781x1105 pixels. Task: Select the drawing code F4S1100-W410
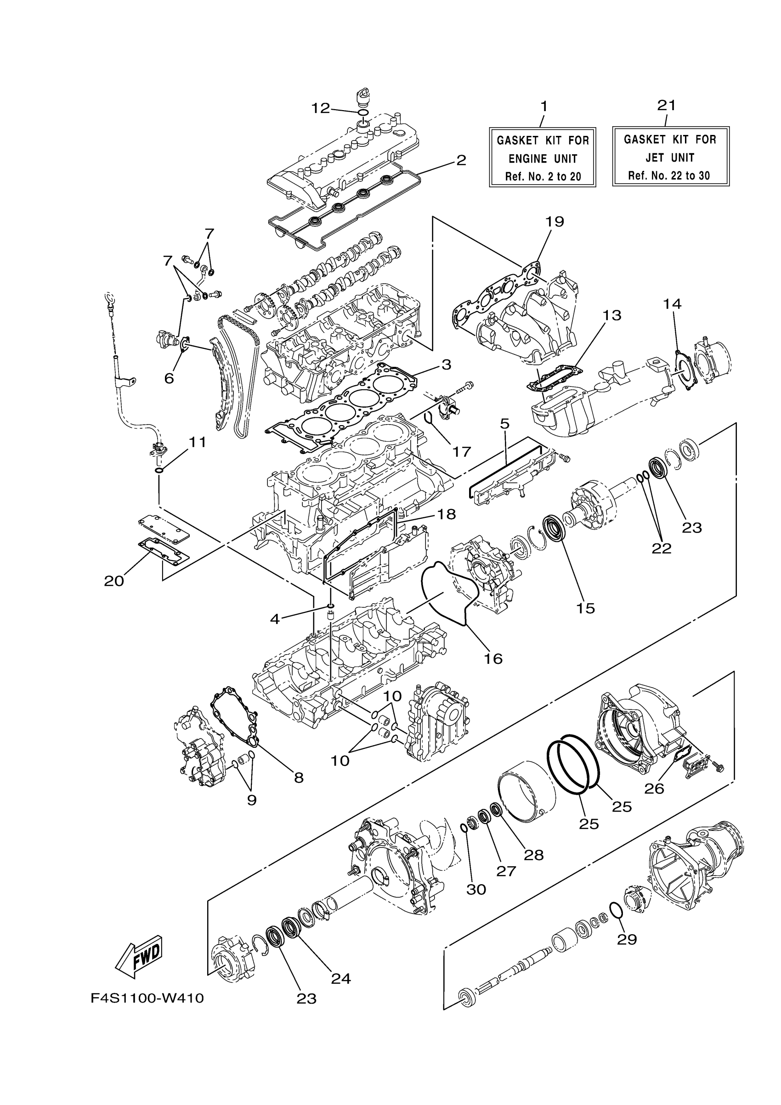click(147, 998)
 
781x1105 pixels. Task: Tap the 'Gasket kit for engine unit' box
click(543, 157)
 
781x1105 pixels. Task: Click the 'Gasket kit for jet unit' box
click(670, 157)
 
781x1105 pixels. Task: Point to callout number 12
click(320, 108)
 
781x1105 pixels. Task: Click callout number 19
click(555, 222)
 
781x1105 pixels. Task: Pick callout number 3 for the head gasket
click(446, 365)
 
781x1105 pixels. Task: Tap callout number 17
click(461, 451)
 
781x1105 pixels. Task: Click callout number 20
click(114, 581)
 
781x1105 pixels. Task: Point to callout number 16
click(493, 658)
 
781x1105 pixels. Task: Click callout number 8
click(299, 777)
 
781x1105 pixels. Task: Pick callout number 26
click(654, 788)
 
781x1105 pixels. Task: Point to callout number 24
click(341, 965)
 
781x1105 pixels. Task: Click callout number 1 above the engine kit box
click(543, 106)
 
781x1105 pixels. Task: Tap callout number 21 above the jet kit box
click(667, 105)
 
